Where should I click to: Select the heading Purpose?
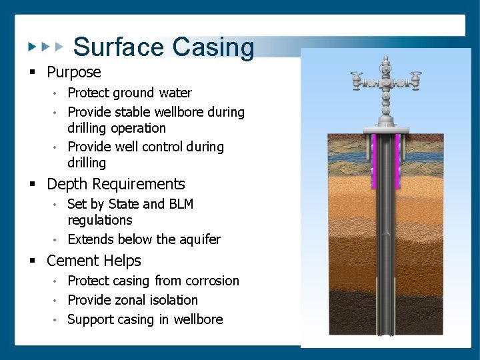pyautogui.click(x=74, y=72)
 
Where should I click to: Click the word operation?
pyautogui.click(x=139, y=128)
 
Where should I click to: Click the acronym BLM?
pyautogui.click(x=179, y=204)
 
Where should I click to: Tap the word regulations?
pyautogui.click(x=100, y=220)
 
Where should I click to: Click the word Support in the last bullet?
pyautogui.click(x=90, y=319)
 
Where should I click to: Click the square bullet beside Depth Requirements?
pyautogui.click(x=31, y=185)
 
